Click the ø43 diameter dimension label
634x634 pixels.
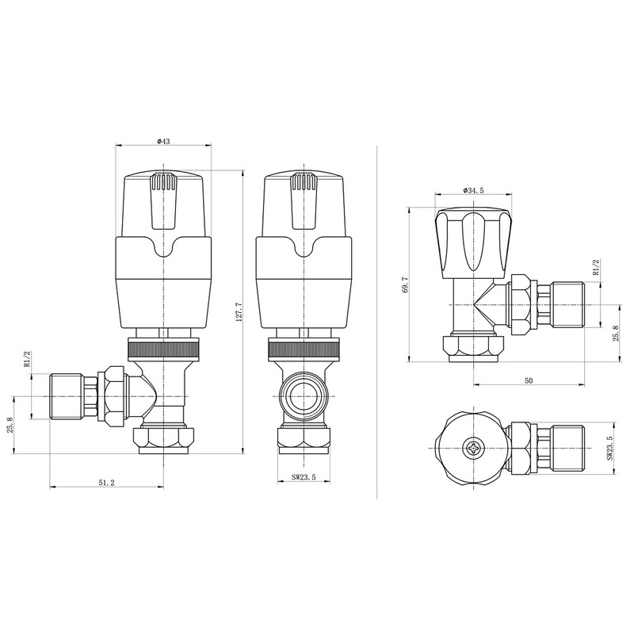tap(164, 141)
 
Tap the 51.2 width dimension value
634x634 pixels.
tap(107, 483)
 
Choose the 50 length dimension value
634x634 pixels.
tap(528, 380)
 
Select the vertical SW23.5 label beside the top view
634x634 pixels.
tap(609, 449)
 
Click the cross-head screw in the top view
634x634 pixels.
tap(475, 448)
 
